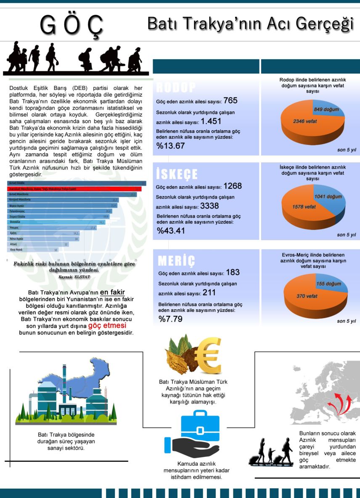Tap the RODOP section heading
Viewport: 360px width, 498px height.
[x=175, y=87]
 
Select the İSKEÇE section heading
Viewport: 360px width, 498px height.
[x=177, y=174]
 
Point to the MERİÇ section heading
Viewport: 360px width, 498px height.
[x=177, y=261]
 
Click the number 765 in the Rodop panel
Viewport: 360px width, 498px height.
[x=230, y=101]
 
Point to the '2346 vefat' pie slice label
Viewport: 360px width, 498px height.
[x=305, y=121]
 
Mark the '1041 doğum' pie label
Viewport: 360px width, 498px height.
[x=328, y=197]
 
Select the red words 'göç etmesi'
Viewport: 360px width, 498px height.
[x=107, y=326]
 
